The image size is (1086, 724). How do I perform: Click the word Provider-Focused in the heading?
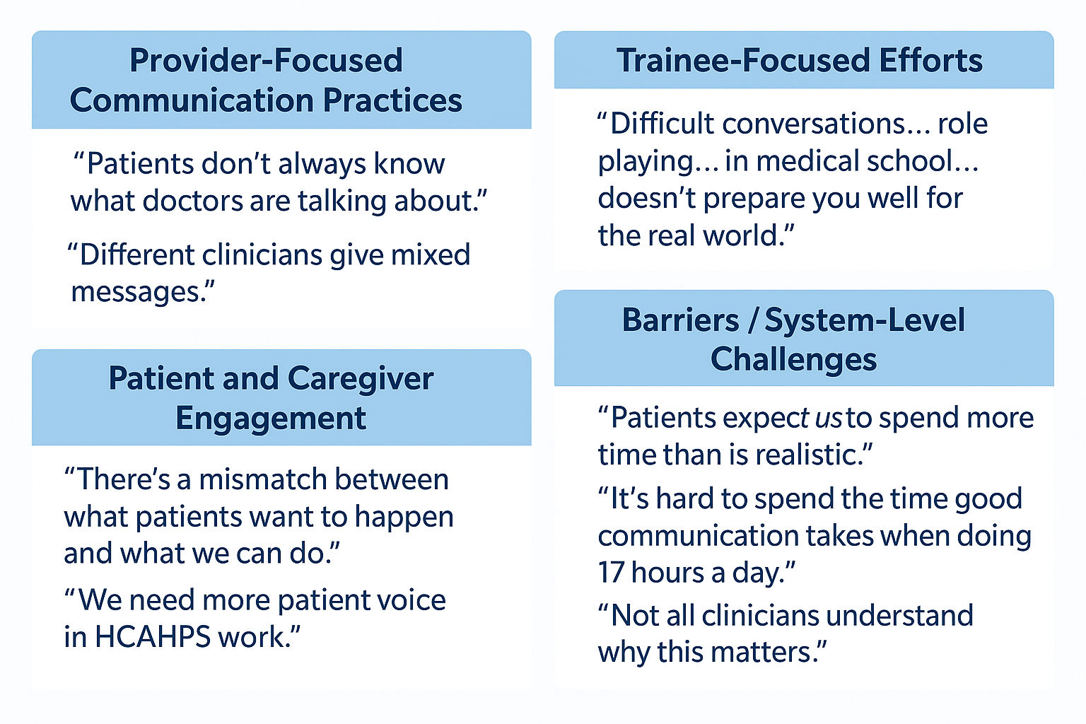click(266, 60)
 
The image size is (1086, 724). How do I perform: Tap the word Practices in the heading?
click(392, 100)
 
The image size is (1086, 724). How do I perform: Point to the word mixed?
click(431, 255)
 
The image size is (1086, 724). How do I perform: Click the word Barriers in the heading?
click(681, 320)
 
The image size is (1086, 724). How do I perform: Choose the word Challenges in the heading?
click(794, 359)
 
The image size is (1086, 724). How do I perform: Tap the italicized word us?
click(828, 418)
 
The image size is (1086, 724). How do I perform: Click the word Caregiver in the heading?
click(361, 378)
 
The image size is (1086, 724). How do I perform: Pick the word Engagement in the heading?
click(271, 418)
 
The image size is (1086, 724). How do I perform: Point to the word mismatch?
click(263, 479)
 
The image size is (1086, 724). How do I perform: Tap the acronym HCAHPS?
click(153, 637)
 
